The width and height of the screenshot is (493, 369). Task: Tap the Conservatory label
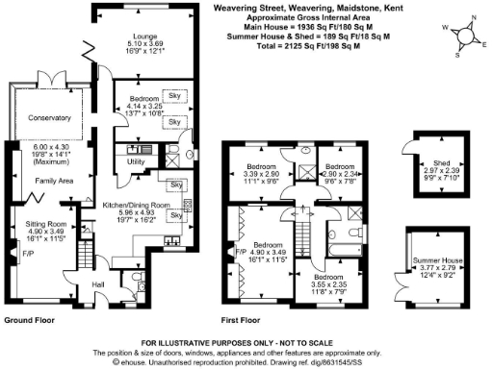pos(50,118)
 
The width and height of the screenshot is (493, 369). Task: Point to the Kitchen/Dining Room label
pos(141,205)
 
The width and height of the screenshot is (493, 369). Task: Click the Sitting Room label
pos(45,222)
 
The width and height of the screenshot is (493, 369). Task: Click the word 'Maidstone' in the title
pos(363,8)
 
